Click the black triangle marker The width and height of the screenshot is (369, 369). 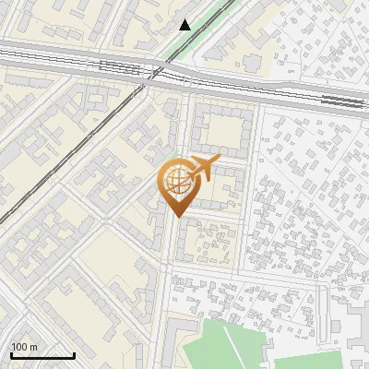coord(185,25)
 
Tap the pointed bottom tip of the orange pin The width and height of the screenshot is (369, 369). coord(174,217)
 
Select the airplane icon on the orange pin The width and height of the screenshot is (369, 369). coord(204,169)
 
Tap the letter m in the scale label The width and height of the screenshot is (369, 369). coord(33,347)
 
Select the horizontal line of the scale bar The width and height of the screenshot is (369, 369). coord(42,355)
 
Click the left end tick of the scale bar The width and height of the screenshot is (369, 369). coord(11,353)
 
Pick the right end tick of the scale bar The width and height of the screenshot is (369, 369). coord(74,353)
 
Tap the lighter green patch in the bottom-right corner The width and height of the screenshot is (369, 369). coord(309,362)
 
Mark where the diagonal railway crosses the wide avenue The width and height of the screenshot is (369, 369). coord(148,76)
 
